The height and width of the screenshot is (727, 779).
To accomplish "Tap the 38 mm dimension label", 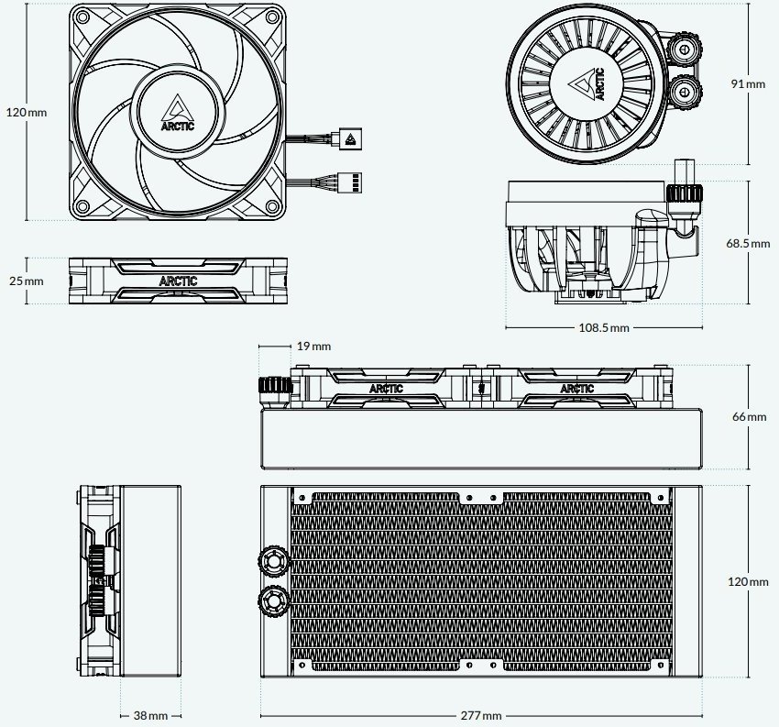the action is click(x=150, y=716).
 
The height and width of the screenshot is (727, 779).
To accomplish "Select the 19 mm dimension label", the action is click(x=313, y=346).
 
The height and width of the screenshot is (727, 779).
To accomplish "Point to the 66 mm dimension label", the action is click(x=749, y=416).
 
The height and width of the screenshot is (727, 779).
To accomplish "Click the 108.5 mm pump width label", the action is click(x=604, y=327).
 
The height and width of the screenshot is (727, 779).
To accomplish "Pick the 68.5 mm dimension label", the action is click(x=748, y=244).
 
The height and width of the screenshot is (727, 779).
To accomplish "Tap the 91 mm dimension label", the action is click(x=748, y=84).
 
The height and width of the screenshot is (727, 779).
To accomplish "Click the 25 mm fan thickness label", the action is click(x=27, y=281).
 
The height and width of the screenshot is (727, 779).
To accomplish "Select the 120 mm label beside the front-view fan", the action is click(x=27, y=113).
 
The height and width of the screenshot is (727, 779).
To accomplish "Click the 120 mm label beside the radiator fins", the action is click(x=748, y=581).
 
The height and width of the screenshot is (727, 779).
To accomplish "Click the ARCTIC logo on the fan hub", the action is click(x=178, y=113).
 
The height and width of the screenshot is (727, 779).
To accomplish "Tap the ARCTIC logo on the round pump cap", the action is click(x=587, y=83).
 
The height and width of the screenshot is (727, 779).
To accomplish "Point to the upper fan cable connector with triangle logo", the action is click(x=350, y=138).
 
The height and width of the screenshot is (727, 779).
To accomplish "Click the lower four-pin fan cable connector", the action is click(x=350, y=182).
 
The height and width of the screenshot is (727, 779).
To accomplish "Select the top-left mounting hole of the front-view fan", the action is click(x=83, y=17).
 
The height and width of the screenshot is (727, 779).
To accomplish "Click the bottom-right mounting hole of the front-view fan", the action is click(x=272, y=205).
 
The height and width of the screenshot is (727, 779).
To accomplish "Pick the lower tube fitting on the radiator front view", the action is click(x=273, y=600).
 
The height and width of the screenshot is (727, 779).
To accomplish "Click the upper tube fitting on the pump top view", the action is click(x=684, y=50).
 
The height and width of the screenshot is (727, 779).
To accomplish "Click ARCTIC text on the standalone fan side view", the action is click(x=178, y=281).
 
